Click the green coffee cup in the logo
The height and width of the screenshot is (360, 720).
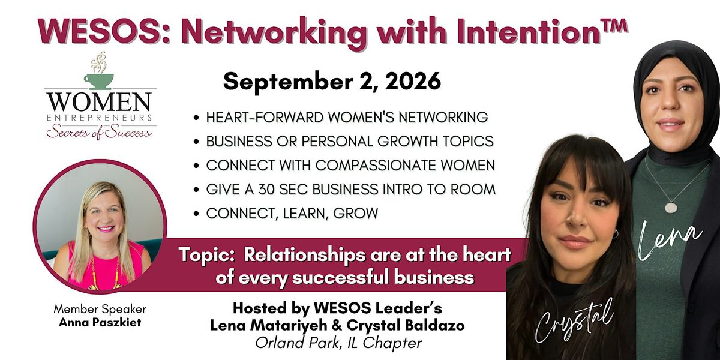coord(98,82)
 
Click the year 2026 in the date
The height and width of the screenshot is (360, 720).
coord(413,82)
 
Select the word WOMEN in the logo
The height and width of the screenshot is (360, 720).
coord(100,101)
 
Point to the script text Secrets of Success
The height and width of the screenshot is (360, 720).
coord(99,132)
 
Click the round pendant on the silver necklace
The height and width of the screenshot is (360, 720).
coord(671,208)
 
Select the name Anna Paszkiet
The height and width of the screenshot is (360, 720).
coord(100,322)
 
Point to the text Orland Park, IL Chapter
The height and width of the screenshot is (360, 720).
coord(338,343)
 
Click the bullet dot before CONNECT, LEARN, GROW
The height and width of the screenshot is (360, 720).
coord(196,213)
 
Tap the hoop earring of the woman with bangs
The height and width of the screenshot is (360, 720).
coord(615,233)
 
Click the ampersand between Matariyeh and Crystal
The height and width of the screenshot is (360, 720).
coord(336,325)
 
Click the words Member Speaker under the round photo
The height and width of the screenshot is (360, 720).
coord(100,309)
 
